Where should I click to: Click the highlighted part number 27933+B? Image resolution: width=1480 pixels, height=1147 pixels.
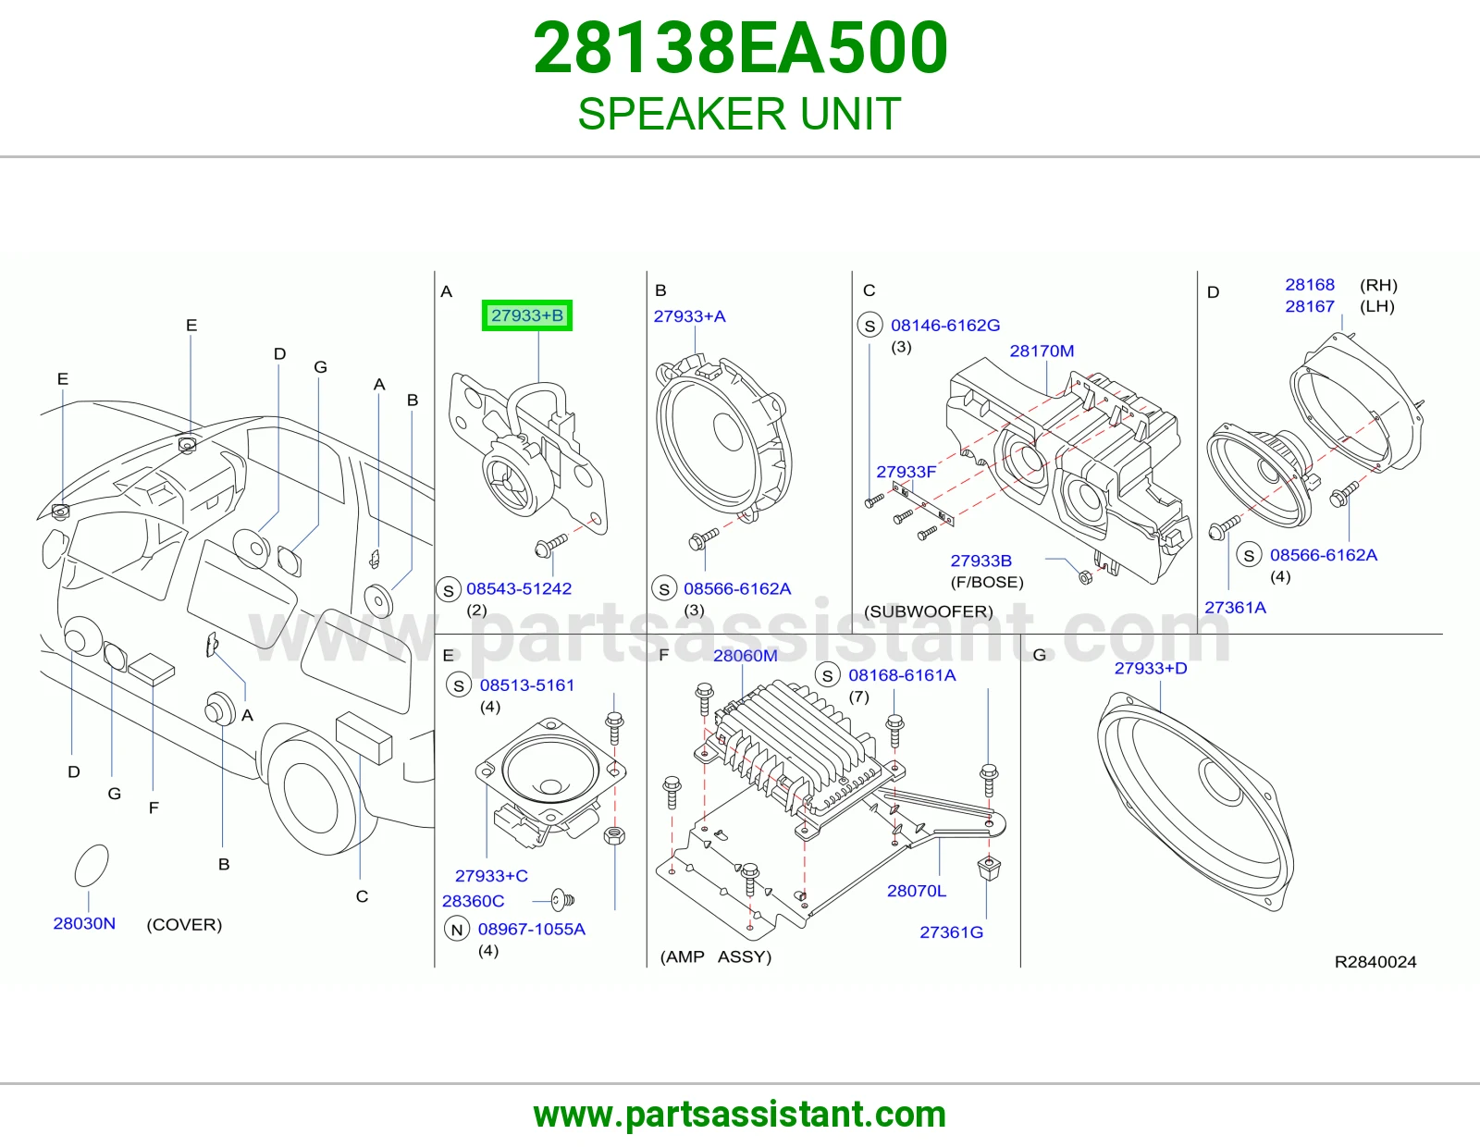(527, 315)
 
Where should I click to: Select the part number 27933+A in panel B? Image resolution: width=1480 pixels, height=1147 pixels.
(689, 316)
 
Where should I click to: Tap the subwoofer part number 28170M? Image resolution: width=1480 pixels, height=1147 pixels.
(1042, 351)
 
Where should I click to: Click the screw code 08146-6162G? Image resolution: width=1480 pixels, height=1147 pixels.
(945, 325)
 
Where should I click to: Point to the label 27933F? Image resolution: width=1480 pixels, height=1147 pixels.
(906, 472)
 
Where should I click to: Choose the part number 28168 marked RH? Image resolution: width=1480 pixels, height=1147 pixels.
(1310, 284)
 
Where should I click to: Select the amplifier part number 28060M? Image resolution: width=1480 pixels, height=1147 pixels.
(746, 655)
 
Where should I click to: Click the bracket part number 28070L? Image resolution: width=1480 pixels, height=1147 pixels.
(916, 890)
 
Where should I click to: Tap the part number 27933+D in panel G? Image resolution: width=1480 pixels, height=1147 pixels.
(1151, 668)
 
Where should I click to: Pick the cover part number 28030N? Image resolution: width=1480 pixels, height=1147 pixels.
(84, 923)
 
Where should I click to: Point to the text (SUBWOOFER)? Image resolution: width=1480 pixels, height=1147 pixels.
(929, 610)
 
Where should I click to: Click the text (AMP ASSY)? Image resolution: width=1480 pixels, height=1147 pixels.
(716, 956)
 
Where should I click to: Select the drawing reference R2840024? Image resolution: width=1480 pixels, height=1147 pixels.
(1375, 962)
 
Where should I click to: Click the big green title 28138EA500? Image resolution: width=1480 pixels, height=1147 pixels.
(740, 47)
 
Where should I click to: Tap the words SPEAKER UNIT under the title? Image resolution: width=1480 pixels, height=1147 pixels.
(740, 113)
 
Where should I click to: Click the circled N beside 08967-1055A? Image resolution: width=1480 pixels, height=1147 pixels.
(456, 929)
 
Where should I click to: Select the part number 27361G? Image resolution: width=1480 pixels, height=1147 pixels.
(951, 931)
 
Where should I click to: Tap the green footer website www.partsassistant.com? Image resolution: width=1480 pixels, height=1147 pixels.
(740, 1115)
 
